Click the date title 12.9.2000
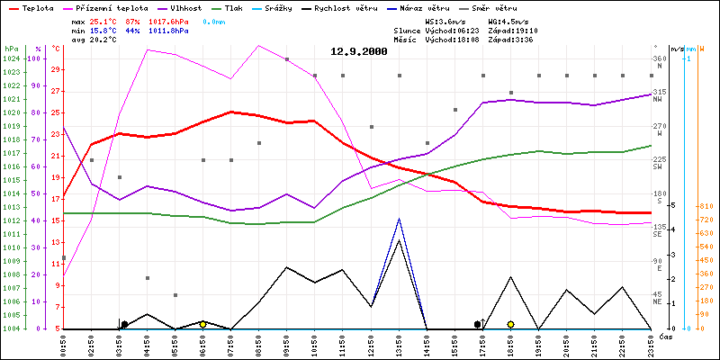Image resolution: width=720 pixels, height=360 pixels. [358, 52]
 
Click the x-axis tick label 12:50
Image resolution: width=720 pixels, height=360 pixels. [372, 345]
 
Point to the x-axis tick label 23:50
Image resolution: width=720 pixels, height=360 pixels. [651, 345]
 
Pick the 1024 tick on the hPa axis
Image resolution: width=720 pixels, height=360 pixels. [11, 58]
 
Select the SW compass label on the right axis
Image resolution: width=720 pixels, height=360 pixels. [658, 166]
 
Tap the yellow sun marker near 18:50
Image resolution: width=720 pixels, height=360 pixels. [510, 324]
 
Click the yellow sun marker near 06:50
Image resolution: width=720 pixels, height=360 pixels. [202, 324]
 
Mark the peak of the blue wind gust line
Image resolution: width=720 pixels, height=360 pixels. [399, 219]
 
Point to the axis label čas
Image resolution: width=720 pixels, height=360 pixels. [666, 337]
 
